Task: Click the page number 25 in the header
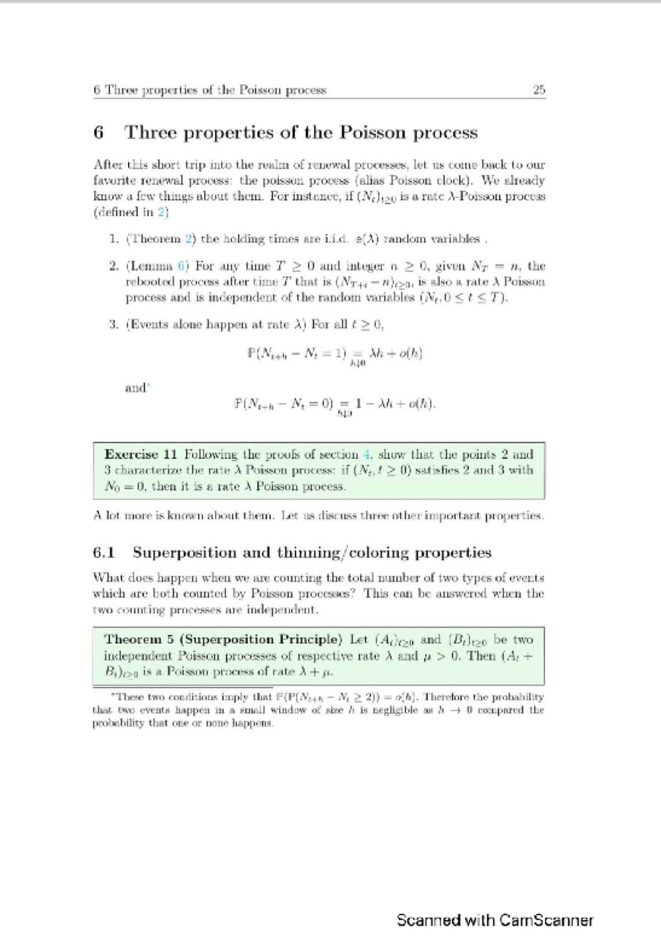point(539,90)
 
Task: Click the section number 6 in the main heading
point(99,133)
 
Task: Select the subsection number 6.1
point(104,553)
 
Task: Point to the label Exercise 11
point(141,455)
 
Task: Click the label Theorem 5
point(139,640)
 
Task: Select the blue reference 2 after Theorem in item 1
point(188,239)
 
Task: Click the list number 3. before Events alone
point(114,324)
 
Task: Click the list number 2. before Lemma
point(114,266)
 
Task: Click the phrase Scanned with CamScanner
point(495,920)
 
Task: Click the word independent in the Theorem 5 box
point(138,656)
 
